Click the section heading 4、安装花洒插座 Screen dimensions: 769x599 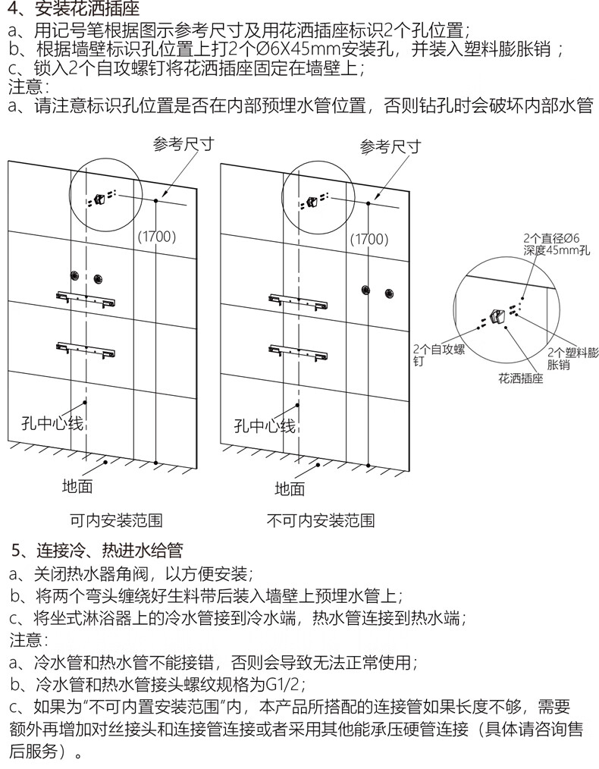(x=72, y=10)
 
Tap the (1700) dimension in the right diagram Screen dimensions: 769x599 (x=369, y=238)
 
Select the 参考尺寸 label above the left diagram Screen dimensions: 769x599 (x=183, y=144)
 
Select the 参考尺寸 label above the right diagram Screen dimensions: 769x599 (x=390, y=146)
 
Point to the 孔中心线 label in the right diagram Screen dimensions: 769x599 (x=265, y=425)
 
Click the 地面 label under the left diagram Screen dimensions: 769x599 (x=77, y=487)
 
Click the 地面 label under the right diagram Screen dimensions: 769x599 (x=289, y=488)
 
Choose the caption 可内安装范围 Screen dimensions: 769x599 (x=116, y=521)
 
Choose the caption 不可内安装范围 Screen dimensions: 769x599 (x=321, y=521)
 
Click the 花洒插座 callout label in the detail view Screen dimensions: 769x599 (x=521, y=377)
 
